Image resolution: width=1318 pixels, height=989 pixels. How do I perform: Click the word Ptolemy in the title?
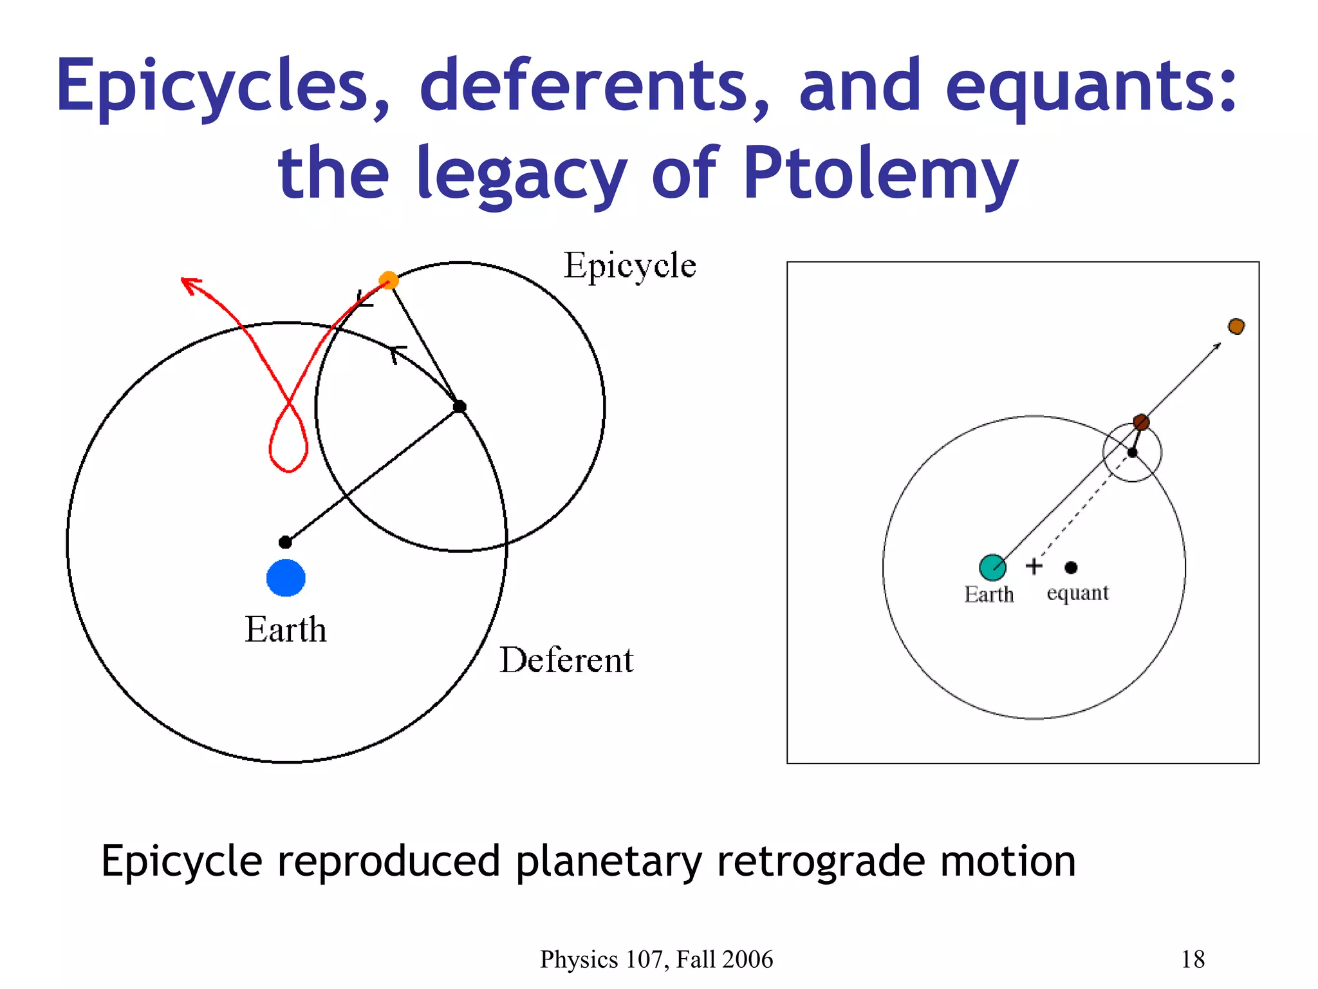coord(880,173)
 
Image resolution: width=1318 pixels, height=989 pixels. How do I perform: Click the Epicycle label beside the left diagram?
coord(629,266)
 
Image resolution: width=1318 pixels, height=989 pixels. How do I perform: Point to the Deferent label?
coord(566,661)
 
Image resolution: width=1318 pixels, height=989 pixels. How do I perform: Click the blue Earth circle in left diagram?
coord(286,578)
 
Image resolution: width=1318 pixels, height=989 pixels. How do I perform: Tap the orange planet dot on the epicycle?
coord(389,281)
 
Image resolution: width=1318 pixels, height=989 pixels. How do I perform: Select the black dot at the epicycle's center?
coord(459,406)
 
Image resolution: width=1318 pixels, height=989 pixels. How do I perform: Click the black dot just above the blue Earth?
coord(285,542)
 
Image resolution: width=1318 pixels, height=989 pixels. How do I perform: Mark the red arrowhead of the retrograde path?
coord(188,283)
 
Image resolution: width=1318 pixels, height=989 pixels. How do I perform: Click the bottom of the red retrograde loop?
coord(288,470)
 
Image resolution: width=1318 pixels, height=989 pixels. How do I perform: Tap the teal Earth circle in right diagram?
coord(992,567)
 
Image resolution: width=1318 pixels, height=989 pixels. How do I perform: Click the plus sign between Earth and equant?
coord(1034,566)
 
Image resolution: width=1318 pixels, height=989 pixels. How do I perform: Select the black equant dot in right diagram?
coord(1071,567)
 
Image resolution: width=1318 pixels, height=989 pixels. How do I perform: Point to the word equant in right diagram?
coord(1077,593)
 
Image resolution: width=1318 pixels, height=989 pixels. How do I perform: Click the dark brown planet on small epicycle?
coord(1141,422)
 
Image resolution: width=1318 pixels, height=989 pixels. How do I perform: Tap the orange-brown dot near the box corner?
coord(1236,326)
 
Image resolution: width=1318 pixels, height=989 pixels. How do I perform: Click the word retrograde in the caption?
coord(821,862)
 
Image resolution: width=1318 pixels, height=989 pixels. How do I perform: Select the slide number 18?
coord(1193,959)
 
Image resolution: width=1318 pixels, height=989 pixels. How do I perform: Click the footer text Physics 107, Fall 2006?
coord(656,959)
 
